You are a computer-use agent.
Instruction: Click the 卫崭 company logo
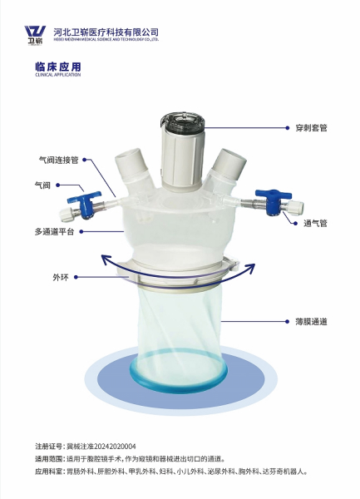(35, 35)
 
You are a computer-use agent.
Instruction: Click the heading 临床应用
(58, 67)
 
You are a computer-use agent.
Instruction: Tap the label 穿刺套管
(311, 128)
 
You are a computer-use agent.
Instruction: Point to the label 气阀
(42, 185)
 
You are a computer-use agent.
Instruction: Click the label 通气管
(315, 223)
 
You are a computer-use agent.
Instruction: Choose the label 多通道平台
(54, 232)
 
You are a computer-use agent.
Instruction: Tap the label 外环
(61, 277)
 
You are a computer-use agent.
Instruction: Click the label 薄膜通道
(311, 322)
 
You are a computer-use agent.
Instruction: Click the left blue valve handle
(85, 203)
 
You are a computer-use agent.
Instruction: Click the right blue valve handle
(273, 200)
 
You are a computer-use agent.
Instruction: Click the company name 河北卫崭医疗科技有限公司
(106, 32)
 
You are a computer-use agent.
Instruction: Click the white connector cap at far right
(296, 207)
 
